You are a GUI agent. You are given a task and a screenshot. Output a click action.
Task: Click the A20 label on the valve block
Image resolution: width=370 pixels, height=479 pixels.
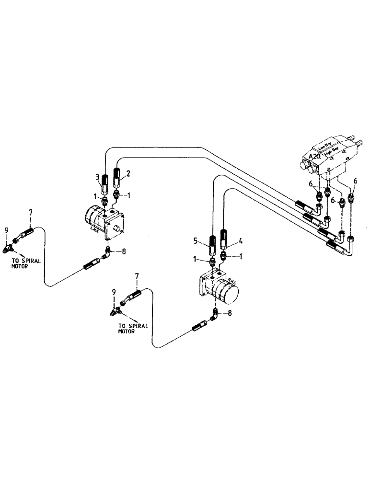point(315,156)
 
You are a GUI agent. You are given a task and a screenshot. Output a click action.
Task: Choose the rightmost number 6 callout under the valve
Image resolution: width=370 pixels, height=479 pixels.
point(355,181)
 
